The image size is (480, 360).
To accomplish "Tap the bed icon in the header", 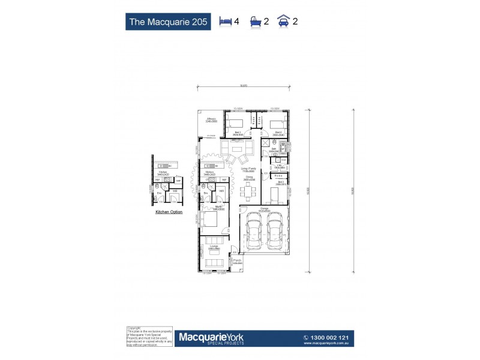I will point(226,22).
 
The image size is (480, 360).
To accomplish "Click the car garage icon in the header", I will point(283,22).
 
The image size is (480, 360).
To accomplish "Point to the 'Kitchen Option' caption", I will point(169,212).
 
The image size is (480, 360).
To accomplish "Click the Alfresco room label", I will point(211,120).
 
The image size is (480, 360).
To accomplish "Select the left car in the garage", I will point(254,234).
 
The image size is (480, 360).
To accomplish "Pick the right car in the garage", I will point(275,234).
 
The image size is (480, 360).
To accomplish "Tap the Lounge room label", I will point(214,247).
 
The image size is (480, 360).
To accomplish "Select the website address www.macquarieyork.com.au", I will point(327,344).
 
